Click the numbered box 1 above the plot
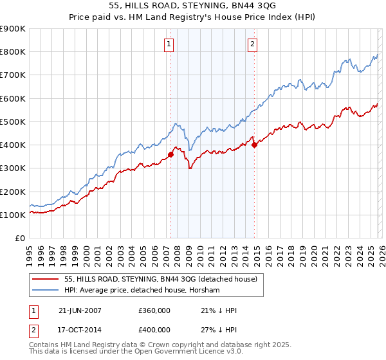pos(169,44)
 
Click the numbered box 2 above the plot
pos(252,44)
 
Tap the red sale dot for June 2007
pos(171,154)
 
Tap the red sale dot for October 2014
pos(255,145)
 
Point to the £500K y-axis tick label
pos(12,122)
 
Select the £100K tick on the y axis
pos(12,215)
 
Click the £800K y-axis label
pos(12,51)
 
